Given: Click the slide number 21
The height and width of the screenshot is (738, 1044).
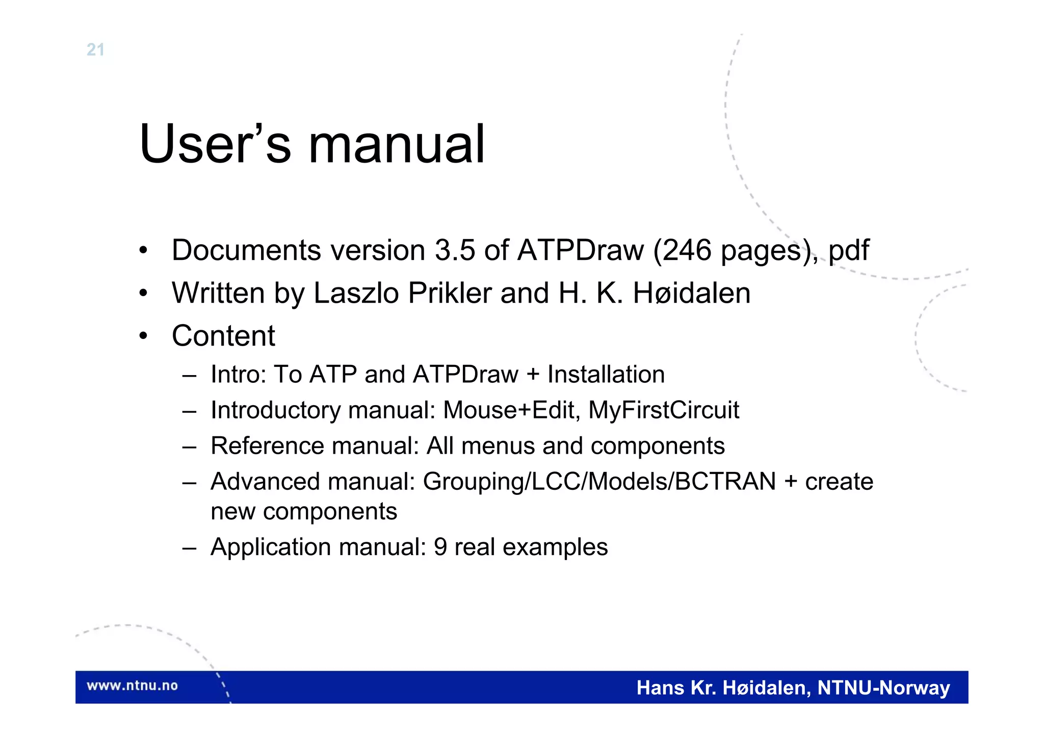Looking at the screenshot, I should tap(95, 49).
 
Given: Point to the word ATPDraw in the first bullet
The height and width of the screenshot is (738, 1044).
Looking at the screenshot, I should tap(581, 250).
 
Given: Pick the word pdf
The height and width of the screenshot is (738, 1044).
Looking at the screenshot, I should tap(848, 251).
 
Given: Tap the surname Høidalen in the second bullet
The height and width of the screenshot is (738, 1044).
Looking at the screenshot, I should tap(691, 293).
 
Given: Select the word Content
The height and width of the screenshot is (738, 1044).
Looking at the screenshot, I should tap(223, 336).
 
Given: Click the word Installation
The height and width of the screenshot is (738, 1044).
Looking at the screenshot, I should tap(606, 375).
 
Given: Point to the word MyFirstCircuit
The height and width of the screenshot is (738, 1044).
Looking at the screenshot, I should tap(663, 410).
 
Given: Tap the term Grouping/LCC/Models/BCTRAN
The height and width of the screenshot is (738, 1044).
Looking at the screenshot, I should tap(599, 482).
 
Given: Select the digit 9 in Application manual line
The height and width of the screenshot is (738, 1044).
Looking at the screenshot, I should tap(440, 547).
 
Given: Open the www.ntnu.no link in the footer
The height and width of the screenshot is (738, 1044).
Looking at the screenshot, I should tap(132, 686).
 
